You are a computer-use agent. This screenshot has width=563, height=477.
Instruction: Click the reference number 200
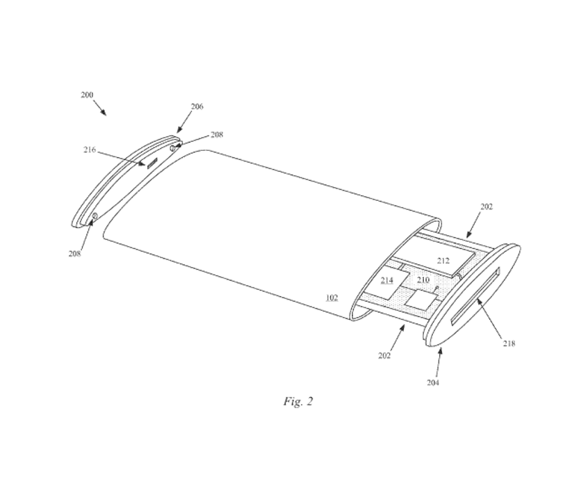click(87, 95)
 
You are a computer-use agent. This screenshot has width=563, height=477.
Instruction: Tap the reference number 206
click(197, 106)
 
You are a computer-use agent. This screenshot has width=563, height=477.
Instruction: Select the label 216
click(90, 149)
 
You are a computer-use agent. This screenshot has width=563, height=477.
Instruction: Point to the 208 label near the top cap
click(216, 135)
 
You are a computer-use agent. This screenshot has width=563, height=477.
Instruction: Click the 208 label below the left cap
click(74, 254)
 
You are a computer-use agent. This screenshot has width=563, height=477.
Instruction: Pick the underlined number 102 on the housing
click(332, 298)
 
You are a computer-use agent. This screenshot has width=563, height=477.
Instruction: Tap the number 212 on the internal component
click(443, 261)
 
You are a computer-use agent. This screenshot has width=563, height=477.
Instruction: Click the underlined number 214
click(386, 280)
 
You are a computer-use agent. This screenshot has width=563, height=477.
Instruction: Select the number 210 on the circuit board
click(423, 280)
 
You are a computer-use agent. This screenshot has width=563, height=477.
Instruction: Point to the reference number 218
click(509, 343)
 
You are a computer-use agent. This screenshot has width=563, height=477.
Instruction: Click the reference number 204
click(432, 382)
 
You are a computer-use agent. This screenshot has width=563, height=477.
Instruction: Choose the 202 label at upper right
click(487, 207)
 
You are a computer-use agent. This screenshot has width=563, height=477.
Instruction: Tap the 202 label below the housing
click(384, 355)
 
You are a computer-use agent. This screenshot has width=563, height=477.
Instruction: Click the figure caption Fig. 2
click(298, 401)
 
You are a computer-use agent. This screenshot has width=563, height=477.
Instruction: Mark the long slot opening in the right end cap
click(475, 297)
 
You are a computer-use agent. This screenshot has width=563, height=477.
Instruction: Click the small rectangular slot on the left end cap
click(152, 163)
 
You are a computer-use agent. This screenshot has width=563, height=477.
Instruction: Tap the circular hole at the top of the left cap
click(172, 148)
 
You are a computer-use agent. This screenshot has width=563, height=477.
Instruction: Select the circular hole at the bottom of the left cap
click(95, 216)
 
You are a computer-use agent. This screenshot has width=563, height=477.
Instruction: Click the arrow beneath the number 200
click(100, 108)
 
